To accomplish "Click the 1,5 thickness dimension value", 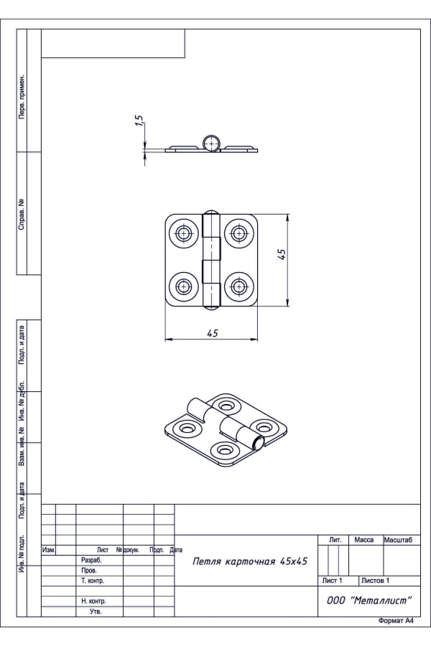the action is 139,121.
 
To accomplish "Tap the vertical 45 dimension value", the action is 282,254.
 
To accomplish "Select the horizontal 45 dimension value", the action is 213,333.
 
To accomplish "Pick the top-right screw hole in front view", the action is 238,233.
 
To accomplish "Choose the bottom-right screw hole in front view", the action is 238,286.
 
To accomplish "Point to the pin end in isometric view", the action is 257,443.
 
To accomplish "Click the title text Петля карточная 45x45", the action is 250,561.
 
